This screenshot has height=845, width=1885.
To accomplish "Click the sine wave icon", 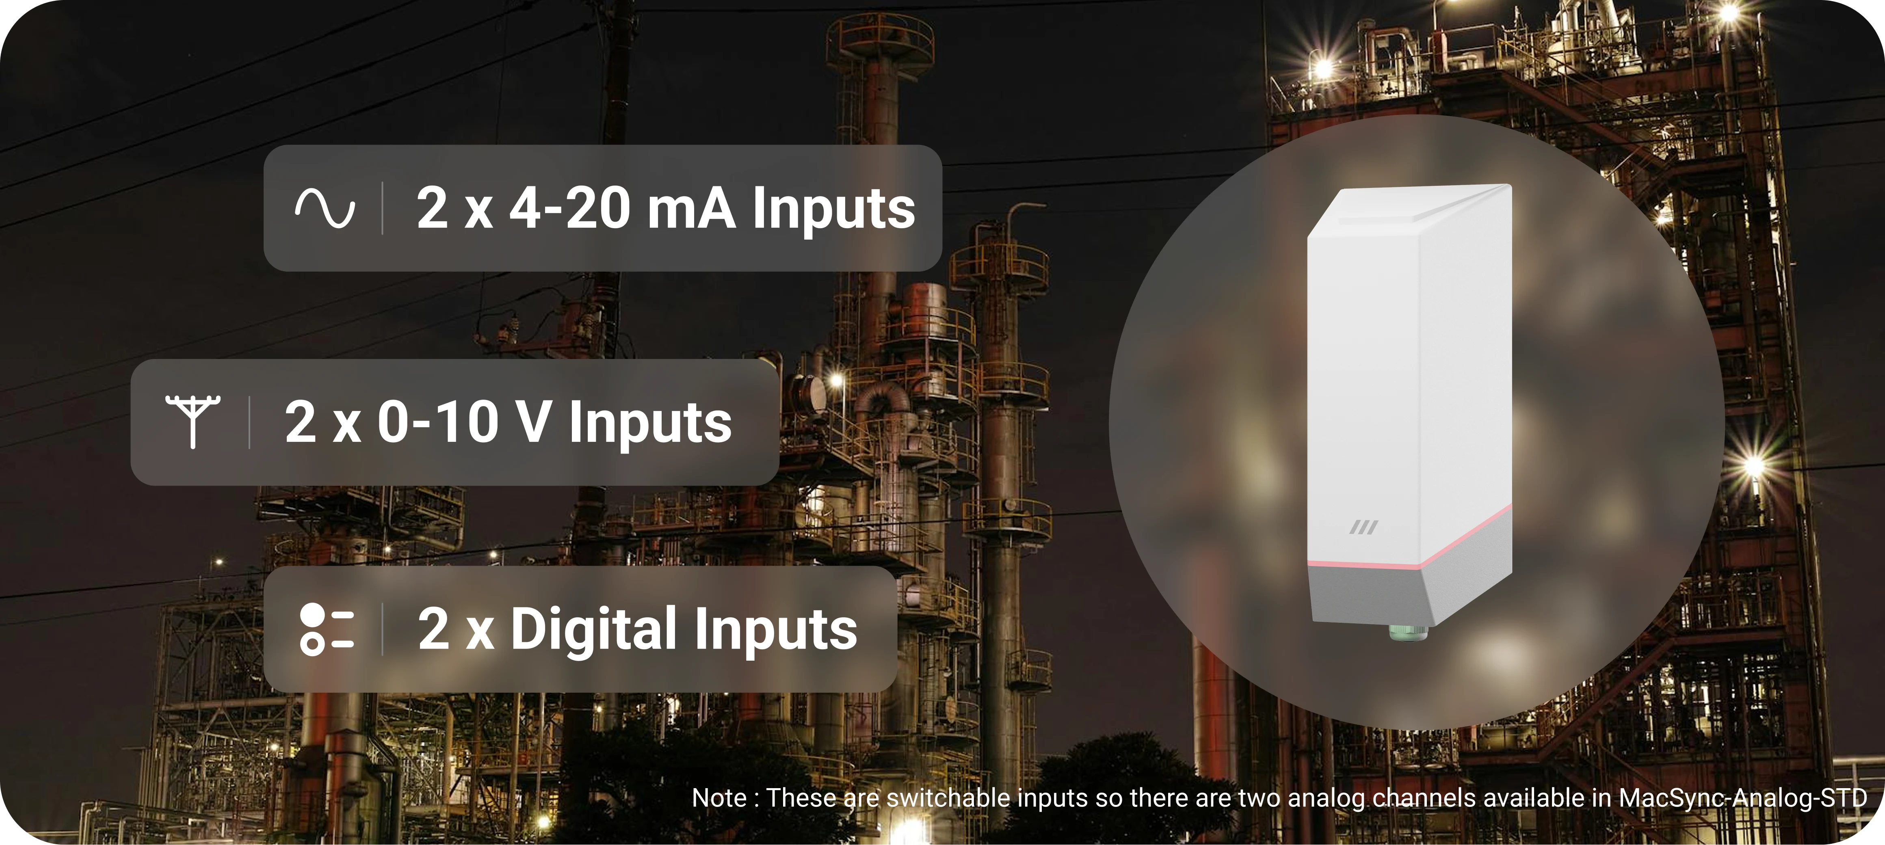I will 325,208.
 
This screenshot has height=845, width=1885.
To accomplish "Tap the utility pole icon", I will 193,421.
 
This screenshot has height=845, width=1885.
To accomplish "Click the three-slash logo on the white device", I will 1363,527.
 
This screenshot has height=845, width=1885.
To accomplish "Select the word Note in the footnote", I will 719,798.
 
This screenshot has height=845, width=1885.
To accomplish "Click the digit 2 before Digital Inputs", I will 433,629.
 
